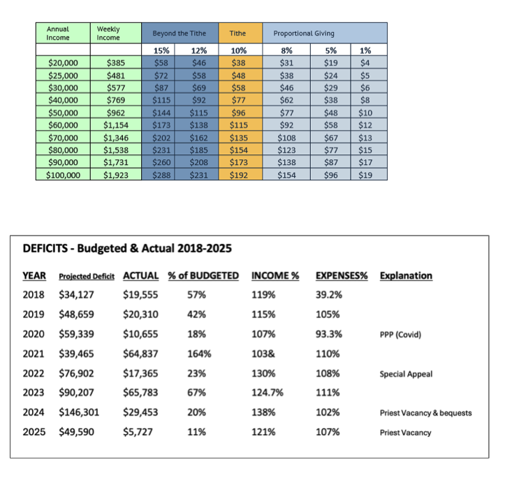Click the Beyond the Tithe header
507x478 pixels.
point(175,34)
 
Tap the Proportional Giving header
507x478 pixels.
point(304,34)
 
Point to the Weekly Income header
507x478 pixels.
point(108,34)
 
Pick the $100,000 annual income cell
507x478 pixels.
point(63,175)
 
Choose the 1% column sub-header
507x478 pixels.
point(365,50)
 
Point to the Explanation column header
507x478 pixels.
point(406,275)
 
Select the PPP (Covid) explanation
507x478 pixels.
point(400,335)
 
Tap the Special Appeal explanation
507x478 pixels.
point(406,374)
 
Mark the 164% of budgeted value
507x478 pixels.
point(199,354)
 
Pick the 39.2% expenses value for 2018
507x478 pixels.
point(329,295)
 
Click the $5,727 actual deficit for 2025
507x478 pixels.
point(138,432)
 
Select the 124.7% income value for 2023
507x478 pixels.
point(267,393)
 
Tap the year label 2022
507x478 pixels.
point(34,373)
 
